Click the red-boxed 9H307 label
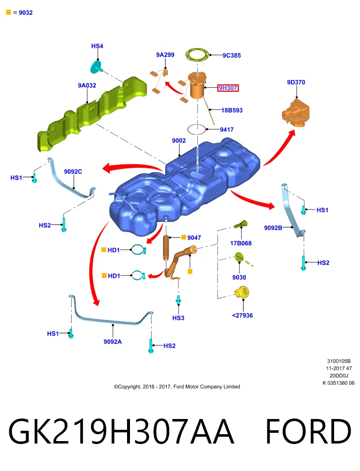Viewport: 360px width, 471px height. point(228,88)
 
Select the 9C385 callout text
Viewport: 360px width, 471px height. point(231,55)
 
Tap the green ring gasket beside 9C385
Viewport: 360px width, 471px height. point(197,55)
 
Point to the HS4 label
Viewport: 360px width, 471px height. point(97,46)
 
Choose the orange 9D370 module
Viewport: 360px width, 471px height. point(296,113)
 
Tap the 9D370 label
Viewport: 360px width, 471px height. point(296,82)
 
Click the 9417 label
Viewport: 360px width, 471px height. point(227,130)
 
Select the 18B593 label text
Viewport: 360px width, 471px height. point(232,110)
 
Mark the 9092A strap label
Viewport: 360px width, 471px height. point(113,341)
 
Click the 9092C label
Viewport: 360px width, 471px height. point(73,172)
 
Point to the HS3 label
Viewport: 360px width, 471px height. point(178,318)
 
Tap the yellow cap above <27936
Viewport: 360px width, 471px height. point(242,292)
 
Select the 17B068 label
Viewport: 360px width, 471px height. point(241,243)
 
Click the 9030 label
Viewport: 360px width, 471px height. point(239,277)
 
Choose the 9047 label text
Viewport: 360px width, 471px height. point(194,237)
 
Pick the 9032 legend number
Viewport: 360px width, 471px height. point(26,13)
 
